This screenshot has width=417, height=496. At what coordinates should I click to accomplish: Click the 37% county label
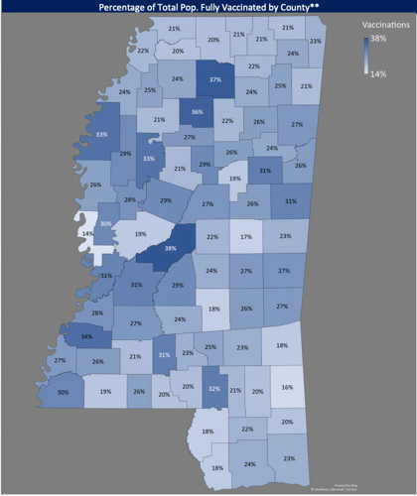[215, 78]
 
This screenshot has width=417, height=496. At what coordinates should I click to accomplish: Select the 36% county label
[198, 112]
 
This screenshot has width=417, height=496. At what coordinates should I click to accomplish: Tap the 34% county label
[87, 336]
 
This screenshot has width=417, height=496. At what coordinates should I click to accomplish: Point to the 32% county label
[212, 390]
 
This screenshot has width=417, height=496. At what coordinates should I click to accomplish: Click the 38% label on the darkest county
[171, 248]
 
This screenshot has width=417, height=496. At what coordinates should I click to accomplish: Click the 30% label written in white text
[106, 225]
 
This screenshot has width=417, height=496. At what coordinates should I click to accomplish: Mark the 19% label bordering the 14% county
[141, 236]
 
